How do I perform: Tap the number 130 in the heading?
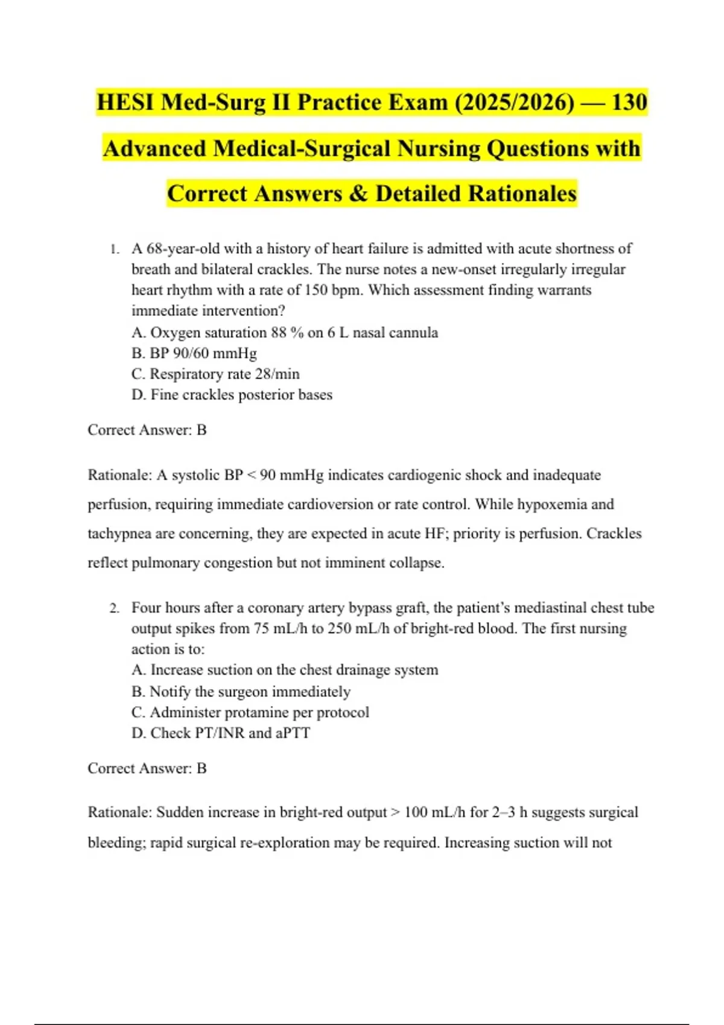[629, 102]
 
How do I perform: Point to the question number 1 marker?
[113, 249]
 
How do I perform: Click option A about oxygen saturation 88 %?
[285, 333]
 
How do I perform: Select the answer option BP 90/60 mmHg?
[194, 353]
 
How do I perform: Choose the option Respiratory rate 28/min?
[215, 374]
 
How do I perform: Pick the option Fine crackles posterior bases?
[232, 395]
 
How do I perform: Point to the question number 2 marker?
[114, 608]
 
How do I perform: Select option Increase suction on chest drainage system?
[285, 670]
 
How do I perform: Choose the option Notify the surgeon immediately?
[241, 692]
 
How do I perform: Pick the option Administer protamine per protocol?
[250, 713]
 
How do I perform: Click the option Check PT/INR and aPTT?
[221, 733]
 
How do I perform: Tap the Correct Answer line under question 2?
[147, 768]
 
